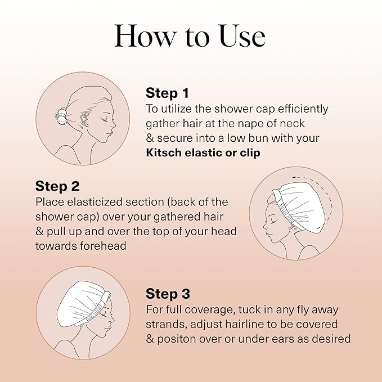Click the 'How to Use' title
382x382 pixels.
(x=190, y=37)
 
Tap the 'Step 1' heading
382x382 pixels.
(x=167, y=93)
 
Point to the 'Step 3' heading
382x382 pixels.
(x=168, y=293)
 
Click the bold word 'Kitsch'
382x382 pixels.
(x=164, y=152)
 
